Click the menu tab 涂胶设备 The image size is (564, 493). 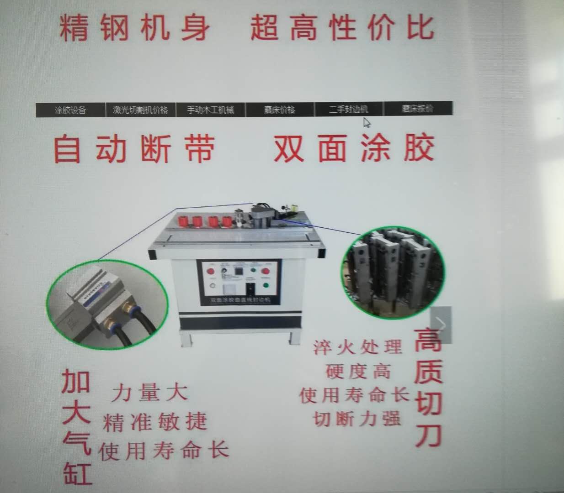click(x=70, y=110)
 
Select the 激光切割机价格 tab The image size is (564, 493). click(x=140, y=110)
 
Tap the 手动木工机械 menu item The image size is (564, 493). click(x=210, y=110)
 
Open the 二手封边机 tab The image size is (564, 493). click(x=348, y=110)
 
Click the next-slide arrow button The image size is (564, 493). click(x=441, y=325)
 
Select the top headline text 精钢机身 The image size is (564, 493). click(x=135, y=27)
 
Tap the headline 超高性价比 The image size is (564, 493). click(x=342, y=27)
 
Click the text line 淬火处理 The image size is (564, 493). click(x=357, y=347)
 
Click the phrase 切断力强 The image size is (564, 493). click(x=357, y=418)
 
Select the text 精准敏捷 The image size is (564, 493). click(x=155, y=422)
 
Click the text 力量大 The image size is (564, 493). click(x=149, y=392)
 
